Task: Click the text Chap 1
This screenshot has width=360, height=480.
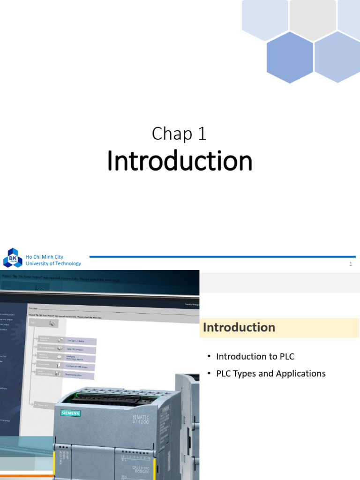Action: point(180,134)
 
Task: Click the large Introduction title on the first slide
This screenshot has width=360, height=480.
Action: point(180,161)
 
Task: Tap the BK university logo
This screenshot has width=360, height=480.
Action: point(12,259)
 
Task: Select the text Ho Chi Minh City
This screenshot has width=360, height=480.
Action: point(45,257)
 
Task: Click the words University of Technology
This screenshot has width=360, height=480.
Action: point(53,263)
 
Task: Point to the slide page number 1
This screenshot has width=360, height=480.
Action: point(350,264)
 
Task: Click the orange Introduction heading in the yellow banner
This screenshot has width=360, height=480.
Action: point(239,327)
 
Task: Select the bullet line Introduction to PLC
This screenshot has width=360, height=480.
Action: point(255,356)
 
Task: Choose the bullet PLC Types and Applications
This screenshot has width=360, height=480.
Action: point(270,374)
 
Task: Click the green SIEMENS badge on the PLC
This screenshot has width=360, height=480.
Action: point(70,413)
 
